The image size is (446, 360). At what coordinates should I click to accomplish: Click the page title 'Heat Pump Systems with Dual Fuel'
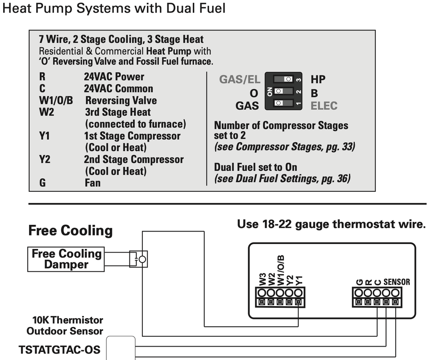pos(114,8)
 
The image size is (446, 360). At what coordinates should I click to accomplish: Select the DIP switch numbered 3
pos(283,79)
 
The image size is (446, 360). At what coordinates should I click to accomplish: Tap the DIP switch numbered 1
pos(283,103)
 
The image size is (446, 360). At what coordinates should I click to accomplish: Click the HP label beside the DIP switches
pos(318,80)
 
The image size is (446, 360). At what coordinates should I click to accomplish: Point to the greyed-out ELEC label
pos(324,106)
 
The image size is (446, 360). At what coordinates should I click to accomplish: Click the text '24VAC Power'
pos(114,77)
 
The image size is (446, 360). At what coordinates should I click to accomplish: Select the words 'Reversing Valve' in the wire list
pos(121,101)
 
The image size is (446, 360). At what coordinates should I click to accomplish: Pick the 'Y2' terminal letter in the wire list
pos(45,160)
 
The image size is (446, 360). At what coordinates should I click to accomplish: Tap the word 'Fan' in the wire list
pos(92,183)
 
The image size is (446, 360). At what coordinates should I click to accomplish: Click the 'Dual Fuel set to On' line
pos(255,167)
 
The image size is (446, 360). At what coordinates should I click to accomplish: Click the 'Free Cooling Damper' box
pos(67,259)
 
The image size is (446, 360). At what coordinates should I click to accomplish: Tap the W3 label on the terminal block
pos(262,280)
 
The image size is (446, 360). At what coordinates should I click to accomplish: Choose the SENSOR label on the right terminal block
pos(396,282)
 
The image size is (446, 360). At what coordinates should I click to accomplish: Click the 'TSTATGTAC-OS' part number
pos(59,349)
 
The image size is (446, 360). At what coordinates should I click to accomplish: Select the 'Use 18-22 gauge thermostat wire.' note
pos(331,224)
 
